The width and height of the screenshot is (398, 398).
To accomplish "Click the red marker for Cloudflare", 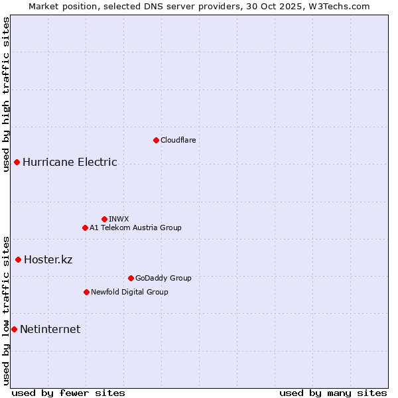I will point(156,140).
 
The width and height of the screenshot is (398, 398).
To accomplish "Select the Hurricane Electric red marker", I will point(17,163).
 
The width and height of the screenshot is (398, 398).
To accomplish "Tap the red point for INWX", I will point(104,219).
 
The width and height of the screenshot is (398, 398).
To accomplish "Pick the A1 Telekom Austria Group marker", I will point(85,228).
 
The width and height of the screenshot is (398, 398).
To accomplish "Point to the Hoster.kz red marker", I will point(18,259).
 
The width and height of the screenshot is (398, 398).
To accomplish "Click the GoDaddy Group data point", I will point(131,278).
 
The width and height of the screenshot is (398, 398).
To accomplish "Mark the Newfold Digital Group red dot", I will point(86,292).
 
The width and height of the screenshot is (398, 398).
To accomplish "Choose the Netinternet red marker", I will point(14,329).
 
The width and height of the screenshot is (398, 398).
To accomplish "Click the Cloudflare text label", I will point(178,140).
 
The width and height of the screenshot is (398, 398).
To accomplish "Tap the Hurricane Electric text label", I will point(70,163).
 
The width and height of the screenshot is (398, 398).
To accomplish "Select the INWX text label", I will point(119,219).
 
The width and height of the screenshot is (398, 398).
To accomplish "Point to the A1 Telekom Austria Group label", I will point(135,228).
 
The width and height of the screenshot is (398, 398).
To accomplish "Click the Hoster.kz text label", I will point(48,259).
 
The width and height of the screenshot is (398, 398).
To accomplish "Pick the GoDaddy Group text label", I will point(163,278).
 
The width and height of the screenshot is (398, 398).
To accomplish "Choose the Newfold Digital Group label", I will point(129,292).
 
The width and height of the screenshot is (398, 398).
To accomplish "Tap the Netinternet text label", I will point(50,329).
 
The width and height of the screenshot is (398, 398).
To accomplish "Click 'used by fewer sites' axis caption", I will point(68,393).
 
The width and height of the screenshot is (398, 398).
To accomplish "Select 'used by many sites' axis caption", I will point(333,393).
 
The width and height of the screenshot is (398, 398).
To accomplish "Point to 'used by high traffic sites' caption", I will point(6,94).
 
